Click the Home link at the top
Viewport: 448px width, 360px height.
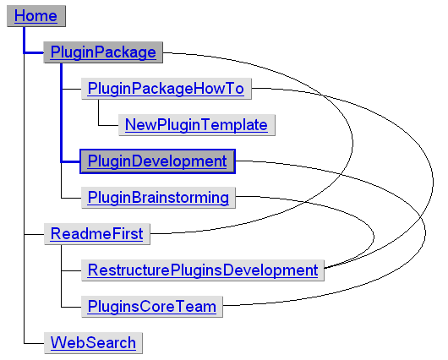36,16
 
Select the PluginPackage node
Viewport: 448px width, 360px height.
103,52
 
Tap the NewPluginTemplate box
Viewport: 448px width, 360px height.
196,125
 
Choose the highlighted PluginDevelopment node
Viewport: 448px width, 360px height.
157,161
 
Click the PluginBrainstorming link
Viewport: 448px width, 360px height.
158,198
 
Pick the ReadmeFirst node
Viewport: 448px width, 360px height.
96,233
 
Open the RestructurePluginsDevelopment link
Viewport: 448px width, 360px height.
203,270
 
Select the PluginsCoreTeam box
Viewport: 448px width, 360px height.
151,306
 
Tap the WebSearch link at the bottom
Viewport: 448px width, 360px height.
93,342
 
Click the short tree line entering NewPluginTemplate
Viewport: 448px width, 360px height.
108,125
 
